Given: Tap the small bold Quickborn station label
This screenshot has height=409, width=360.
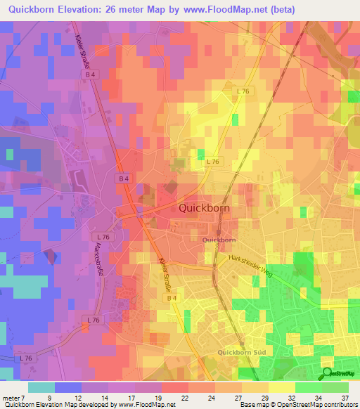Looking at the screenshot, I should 219,240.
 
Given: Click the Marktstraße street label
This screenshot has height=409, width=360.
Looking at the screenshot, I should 96,249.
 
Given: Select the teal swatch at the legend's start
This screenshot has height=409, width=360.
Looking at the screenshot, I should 41,387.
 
